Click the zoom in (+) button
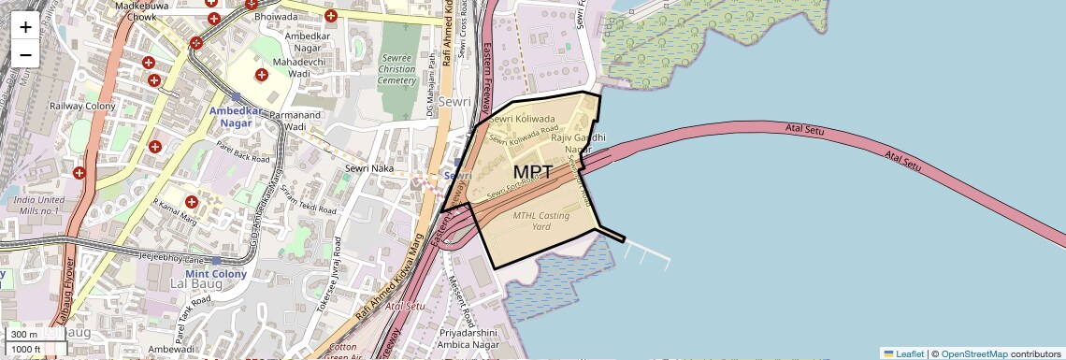click(25, 27)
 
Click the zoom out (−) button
click(25, 54)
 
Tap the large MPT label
click(532, 173)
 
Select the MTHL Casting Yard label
click(535, 221)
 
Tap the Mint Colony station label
click(216, 274)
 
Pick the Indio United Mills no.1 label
click(38, 206)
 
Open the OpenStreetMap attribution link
click(973, 353)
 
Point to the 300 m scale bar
click(26, 335)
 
